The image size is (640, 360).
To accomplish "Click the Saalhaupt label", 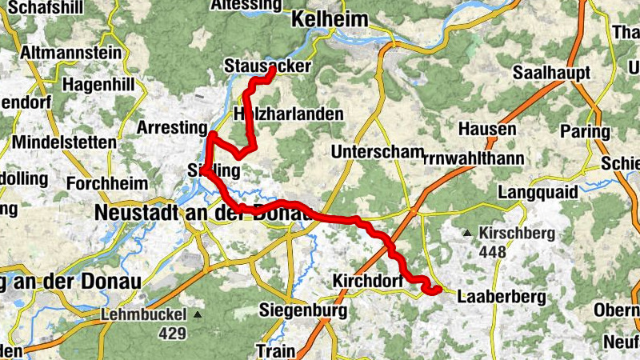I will tap(553, 73).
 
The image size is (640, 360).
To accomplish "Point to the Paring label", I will tap(586, 131).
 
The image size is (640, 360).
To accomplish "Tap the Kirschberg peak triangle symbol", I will tap(467, 234).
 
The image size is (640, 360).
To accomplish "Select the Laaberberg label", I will tap(502, 297).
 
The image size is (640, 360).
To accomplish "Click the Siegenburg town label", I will tap(303, 309).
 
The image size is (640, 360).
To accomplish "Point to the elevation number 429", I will tap(171, 333).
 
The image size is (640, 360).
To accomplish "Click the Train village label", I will tap(276, 350).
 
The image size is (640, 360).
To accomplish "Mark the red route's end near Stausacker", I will tap(272, 70).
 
